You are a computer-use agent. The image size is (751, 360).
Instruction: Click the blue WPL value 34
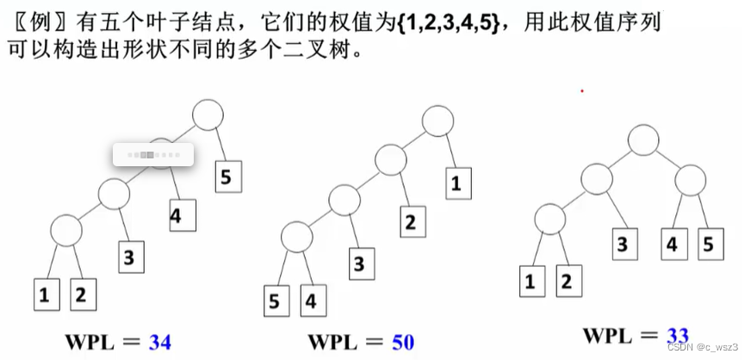pos(159,342)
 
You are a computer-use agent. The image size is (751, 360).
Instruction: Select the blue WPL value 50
pos(403,342)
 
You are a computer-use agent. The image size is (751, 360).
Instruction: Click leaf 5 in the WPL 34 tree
pos(227,177)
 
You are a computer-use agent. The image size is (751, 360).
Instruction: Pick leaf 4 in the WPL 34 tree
pos(176,216)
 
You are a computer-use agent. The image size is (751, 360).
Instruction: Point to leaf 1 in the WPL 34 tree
pos(44,295)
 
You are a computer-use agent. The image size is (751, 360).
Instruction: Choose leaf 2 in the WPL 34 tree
pos(81,295)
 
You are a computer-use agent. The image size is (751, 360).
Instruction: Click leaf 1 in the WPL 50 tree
pos(456,183)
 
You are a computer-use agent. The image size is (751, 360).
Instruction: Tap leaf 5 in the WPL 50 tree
pos(275,301)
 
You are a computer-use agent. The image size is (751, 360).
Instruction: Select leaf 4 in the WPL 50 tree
pos(311,301)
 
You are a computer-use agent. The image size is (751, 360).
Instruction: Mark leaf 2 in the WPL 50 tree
pos(410,222)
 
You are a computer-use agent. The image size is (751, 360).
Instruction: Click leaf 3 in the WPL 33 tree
pos(621,244)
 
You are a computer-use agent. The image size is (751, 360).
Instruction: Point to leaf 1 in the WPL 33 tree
pos(531,280)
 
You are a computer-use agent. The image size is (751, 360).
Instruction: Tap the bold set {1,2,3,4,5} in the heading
pos(448,22)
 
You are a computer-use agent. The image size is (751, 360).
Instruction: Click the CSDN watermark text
pos(703,346)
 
